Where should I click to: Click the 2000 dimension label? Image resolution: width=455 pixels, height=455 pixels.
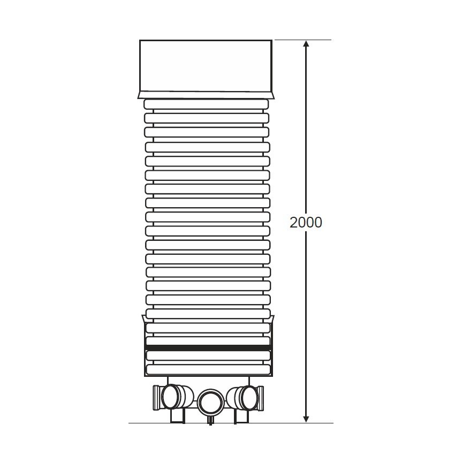pyautogui.click(x=306, y=222)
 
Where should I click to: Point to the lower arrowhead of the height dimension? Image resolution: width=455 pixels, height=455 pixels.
pyautogui.click(x=306, y=418)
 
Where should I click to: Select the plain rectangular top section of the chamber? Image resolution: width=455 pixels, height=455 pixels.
pyautogui.click(x=206, y=65)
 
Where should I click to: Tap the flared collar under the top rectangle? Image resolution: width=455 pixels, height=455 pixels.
pyautogui.click(x=206, y=95)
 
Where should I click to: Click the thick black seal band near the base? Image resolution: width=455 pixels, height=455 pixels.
pyautogui.click(x=208, y=348)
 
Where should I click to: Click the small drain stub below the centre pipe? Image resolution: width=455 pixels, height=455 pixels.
pyautogui.click(x=210, y=421)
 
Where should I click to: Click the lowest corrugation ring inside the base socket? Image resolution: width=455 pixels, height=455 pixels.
pyautogui.click(x=208, y=369)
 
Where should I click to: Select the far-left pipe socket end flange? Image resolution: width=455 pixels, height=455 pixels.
pyautogui.click(x=156, y=397)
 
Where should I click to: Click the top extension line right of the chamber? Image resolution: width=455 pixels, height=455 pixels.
pyautogui.click(x=302, y=40)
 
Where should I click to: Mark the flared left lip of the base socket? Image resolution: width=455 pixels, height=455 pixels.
pyautogui.click(x=143, y=319)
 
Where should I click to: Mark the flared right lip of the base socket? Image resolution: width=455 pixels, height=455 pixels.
pyautogui.click(x=272, y=319)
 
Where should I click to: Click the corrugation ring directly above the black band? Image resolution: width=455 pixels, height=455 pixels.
pyautogui.click(x=208, y=340)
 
